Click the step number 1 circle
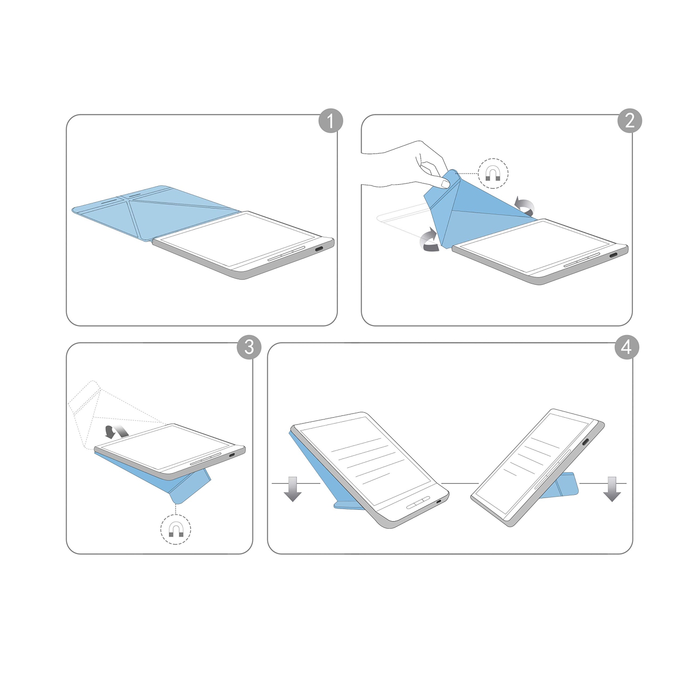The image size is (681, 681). click(x=330, y=121)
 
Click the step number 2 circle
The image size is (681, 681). click(x=630, y=121)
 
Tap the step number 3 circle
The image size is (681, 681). click(x=249, y=347)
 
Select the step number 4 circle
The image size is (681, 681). click(x=627, y=347)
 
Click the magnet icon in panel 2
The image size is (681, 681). click(x=493, y=173)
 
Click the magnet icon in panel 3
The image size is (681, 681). click(x=176, y=529)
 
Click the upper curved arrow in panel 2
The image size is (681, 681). click(x=525, y=207)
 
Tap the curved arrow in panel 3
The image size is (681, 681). click(x=114, y=431)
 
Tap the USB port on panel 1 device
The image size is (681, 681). click(x=319, y=249)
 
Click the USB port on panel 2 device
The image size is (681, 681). click(x=614, y=255)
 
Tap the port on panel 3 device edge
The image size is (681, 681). click(x=232, y=455)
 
